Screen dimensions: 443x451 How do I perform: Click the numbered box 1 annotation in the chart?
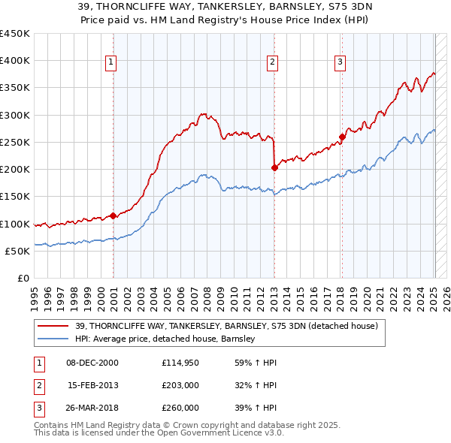pos(110,62)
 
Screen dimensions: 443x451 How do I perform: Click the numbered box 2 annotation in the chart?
pos(272,62)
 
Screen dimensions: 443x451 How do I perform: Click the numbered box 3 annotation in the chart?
pos(340,62)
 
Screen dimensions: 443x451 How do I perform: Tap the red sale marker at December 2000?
pos(113,215)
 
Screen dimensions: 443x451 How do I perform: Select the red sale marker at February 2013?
pos(274,168)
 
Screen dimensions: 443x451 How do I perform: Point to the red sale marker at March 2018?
pos(342,137)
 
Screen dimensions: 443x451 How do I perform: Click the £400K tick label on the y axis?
pos(15,61)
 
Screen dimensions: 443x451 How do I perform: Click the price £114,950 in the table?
pos(180,363)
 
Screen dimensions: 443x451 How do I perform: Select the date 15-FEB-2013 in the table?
pos(92,385)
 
